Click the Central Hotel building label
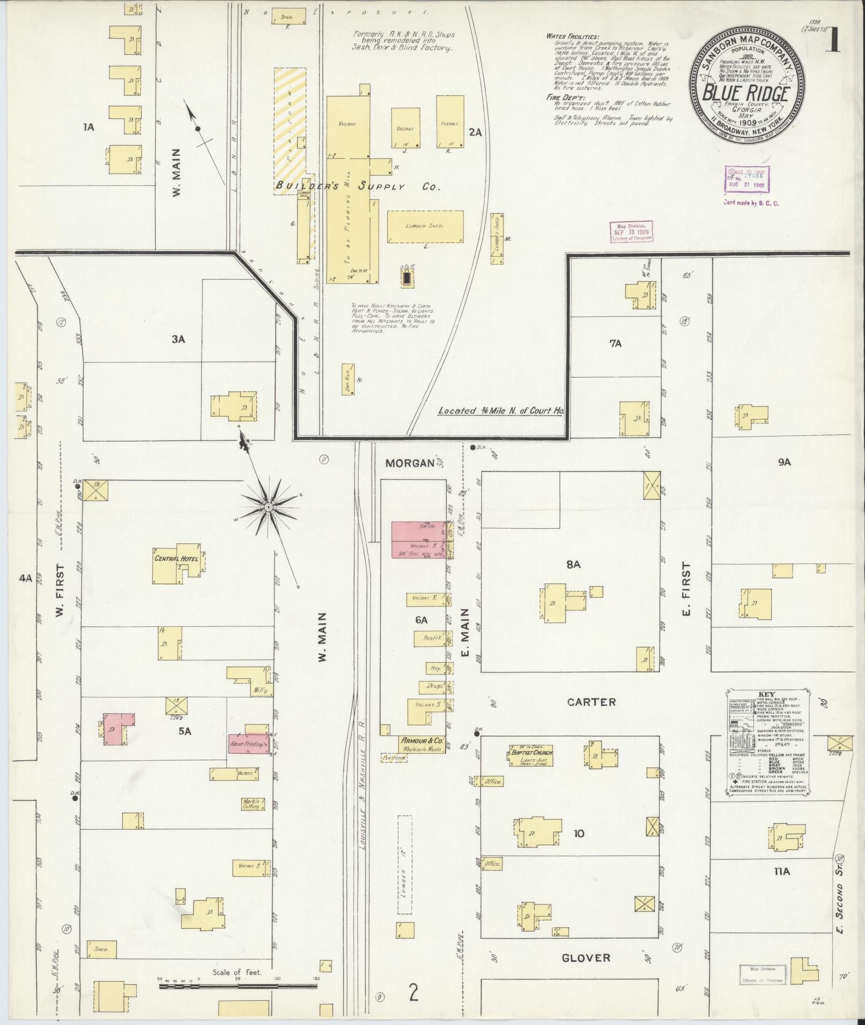tap(176, 558)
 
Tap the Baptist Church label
tap(530, 752)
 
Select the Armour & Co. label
tap(422, 740)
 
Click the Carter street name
tap(592, 702)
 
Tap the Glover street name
tap(586, 942)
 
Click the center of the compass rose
tap(267, 506)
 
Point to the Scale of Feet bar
tap(238, 984)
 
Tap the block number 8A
tap(573, 564)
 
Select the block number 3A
tap(179, 339)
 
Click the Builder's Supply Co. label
tap(358, 186)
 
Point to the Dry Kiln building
tap(348, 379)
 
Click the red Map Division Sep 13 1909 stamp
tap(630, 233)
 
